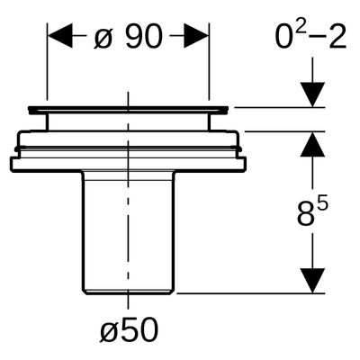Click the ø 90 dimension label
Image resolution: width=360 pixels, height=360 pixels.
coord(128,37)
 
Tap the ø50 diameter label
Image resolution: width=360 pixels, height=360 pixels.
coord(129,330)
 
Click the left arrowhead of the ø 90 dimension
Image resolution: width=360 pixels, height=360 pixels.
coord(60,36)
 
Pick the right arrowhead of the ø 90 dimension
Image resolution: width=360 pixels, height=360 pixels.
coord(195,36)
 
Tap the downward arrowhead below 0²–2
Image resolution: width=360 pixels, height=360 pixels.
coord(312,94)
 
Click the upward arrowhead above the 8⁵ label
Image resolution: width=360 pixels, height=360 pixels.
coord(312,144)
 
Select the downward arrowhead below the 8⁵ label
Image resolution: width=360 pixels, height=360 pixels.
coord(312,281)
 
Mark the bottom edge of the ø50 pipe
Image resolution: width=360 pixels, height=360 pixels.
coord(129,293)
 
